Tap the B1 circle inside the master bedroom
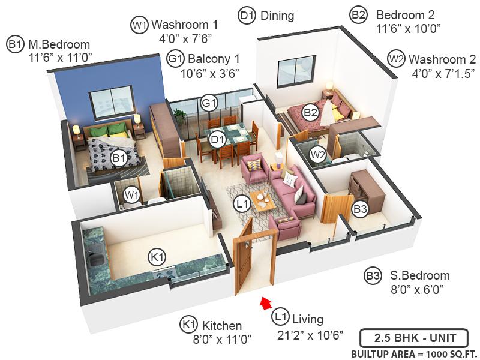click(x=118, y=158)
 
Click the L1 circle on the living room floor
click(x=242, y=204)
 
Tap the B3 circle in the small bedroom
click(x=360, y=209)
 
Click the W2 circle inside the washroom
click(x=317, y=155)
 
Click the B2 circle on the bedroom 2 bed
click(x=310, y=111)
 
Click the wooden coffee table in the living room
click(x=262, y=200)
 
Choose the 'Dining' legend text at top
click(x=277, y=16)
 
